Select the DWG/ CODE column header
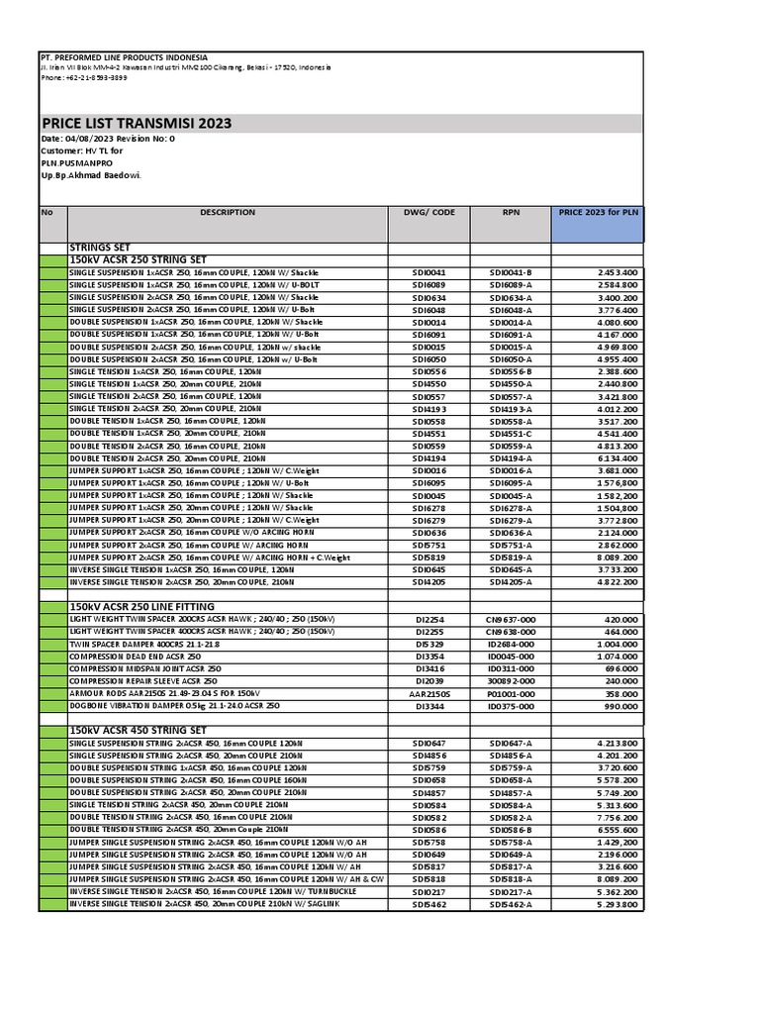[429, 212]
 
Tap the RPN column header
[511, 212]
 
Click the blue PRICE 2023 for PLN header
[598, 212]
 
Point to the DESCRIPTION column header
[228, 212]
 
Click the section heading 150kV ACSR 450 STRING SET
[138, 730]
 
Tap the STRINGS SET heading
[100, 247]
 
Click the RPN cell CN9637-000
[511, 619]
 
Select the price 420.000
[621, 619]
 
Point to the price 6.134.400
[617, 458]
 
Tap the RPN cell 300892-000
[511, 681]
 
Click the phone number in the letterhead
[83, 77]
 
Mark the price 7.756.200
[617, 818]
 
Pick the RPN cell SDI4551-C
[511, 434]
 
